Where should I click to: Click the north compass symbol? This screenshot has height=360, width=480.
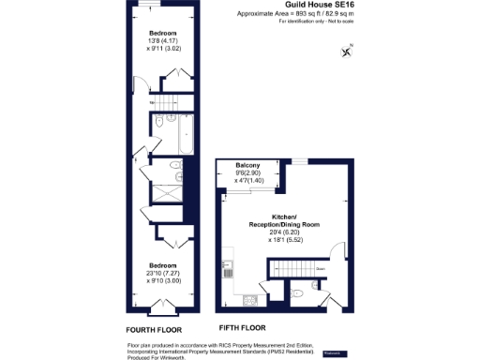(x=350, y=50)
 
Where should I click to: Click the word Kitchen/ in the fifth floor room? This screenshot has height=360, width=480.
(x=278, y=215)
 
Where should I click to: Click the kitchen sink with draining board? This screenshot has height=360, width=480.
(x=248, y=301)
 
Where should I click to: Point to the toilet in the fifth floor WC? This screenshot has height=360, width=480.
(x=296, y=293)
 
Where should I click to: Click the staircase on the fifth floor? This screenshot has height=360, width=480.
(x=299, y=268)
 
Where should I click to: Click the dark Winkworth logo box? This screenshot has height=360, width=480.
(x=333, y=352)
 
